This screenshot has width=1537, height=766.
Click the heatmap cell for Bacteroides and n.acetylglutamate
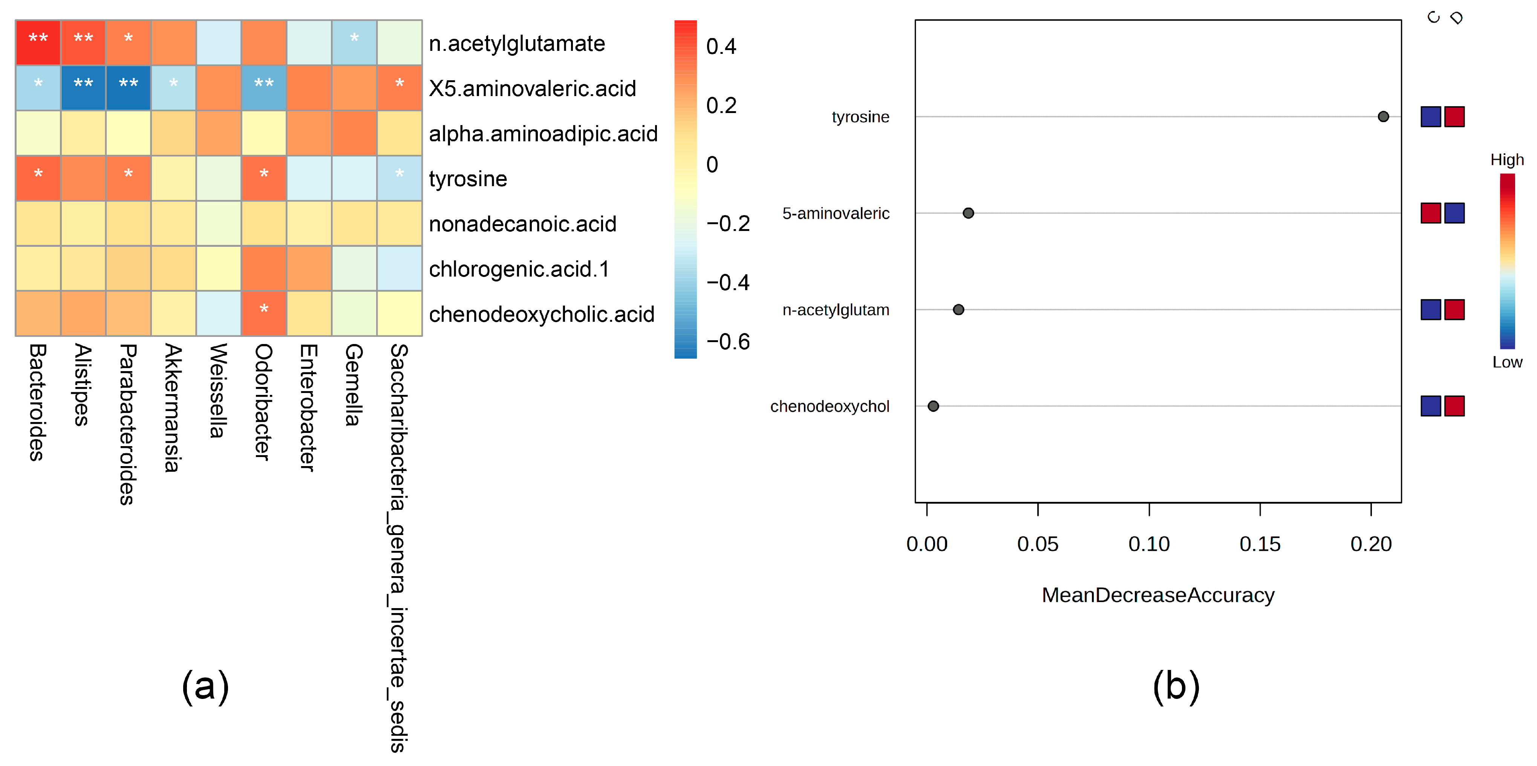(38, 42)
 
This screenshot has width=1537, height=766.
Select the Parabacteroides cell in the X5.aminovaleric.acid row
(128, 88)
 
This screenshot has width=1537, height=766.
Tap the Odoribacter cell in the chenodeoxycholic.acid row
(264, 313)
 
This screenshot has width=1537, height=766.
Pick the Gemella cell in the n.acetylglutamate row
(354, 42)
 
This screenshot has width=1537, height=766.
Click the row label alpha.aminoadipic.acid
(543, 134)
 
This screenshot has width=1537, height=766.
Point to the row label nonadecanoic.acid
(522, 224)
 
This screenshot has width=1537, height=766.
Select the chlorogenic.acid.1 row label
(519, 269)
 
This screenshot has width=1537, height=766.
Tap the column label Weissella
(218, 390)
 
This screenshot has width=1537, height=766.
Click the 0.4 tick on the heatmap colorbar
(721, 47)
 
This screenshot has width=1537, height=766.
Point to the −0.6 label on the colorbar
(727, 342)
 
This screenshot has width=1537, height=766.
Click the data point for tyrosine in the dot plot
(1383, 117)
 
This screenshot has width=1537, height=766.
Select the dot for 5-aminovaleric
(968, 213)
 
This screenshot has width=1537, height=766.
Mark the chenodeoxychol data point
(933, 406)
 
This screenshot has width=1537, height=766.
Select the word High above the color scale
(1506, 160)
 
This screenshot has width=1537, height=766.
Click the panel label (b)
(1176, 686)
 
